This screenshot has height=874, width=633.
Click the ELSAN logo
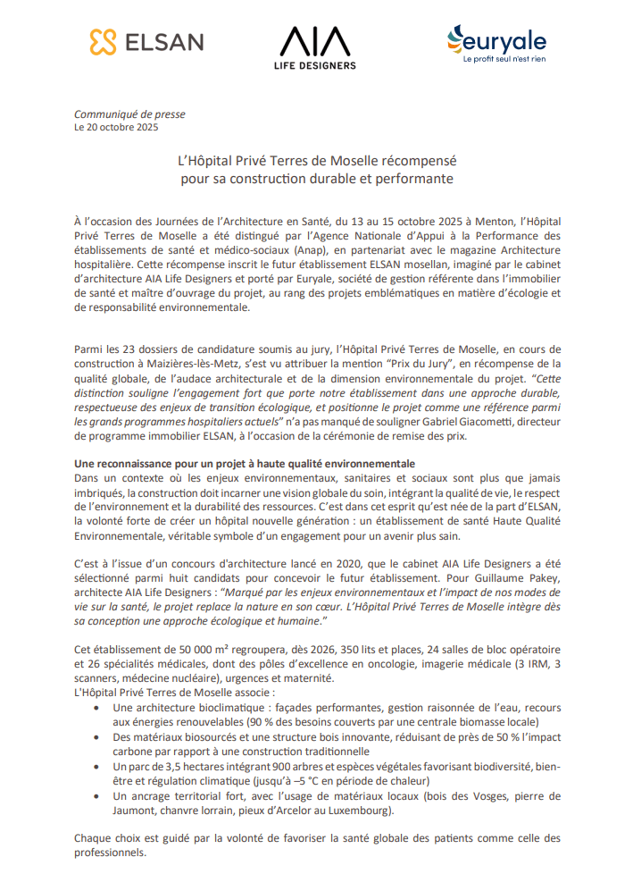(146, 41)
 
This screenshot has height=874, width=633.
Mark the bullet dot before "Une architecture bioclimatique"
(96, 708)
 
